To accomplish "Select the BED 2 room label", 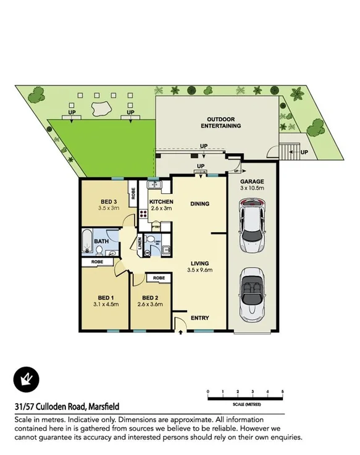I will (x=150, y=297).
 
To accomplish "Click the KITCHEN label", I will (x=161, y=202).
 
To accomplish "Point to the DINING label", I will (x=199, y=204).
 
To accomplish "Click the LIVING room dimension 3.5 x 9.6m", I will (x=199, y=270).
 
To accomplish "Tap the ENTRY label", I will (x=199, y=319).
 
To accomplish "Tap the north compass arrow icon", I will (x=26, y=378).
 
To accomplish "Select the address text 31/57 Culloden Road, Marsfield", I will (x=67, y=407).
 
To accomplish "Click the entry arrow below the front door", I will (x=180, y=333).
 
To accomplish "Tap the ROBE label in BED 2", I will (x=158, y=278).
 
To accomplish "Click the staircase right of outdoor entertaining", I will (x=285, y=151).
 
